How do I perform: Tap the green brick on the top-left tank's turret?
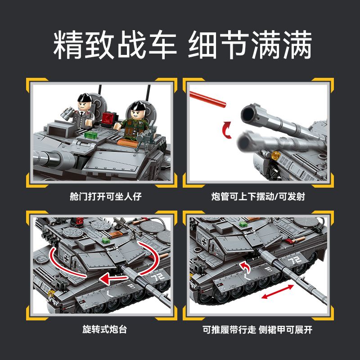pyautogui.click(x=91, y=135)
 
